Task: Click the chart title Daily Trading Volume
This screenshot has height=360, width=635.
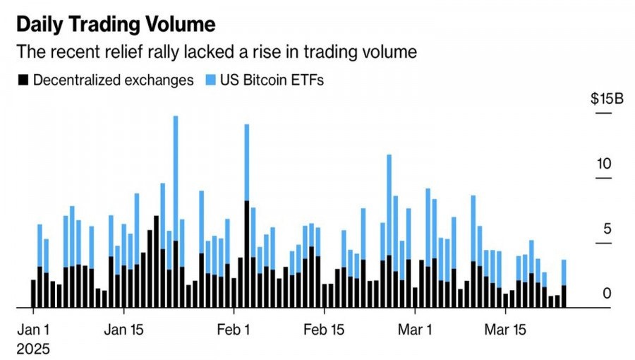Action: [115, 25]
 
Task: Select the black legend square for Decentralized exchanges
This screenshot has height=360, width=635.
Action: [22, 80]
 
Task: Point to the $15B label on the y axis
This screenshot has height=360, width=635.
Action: [607, 99]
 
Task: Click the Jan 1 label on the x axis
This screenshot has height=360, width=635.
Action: [33, 330]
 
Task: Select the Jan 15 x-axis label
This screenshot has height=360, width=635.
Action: [123, 330]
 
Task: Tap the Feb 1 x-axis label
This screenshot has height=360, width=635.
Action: [234, 330]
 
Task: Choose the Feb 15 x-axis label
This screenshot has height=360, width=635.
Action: [324, 330]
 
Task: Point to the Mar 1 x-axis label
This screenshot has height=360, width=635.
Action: [415, 330]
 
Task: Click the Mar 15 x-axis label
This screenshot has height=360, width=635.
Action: [505, 330]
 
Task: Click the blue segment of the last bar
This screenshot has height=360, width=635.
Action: [564, 272]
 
